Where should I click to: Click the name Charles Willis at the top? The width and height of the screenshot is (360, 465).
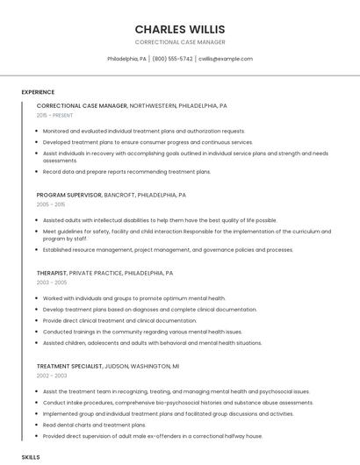pyautogui.click(x=179, y=28)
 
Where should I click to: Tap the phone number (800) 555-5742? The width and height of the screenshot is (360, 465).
pyautogui.click(x=172, y=59)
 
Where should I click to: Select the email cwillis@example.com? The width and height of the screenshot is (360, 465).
pyautogui.click(x=225, y=59)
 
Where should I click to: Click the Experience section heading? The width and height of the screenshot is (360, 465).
pyautogui.click(x=38, y=92)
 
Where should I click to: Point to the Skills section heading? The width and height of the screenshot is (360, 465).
pyautogui.click(x=31, y=457)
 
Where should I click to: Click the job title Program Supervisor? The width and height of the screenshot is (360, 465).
pyautogui.click(x=69, y=195)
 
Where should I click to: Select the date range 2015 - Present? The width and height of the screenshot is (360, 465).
pyautogui.click(x=54, y=115)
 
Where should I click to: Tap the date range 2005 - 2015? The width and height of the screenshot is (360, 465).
pyautogui.click(x=51, y=204)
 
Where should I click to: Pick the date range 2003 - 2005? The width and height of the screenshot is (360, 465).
pyautogui.click(x=51, y=283)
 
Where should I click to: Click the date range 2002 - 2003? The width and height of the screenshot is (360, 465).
pyautogui.click(x=51, y=376)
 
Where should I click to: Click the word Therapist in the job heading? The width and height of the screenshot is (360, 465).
pyautogui.click(x=51, y=273)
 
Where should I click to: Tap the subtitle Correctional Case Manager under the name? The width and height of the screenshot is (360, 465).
pyautogui.click(x=179, y=42)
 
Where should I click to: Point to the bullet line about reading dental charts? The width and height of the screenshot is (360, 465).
pyautogui.click(x=95, y=425)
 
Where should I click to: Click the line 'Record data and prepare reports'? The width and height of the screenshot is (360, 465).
pyautogui.click(x=126, y=172)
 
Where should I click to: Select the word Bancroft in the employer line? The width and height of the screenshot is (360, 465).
pyautogui.click(x=120, y=195)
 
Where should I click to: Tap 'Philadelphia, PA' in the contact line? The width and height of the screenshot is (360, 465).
pyautogui.click(x=126, y=59)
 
